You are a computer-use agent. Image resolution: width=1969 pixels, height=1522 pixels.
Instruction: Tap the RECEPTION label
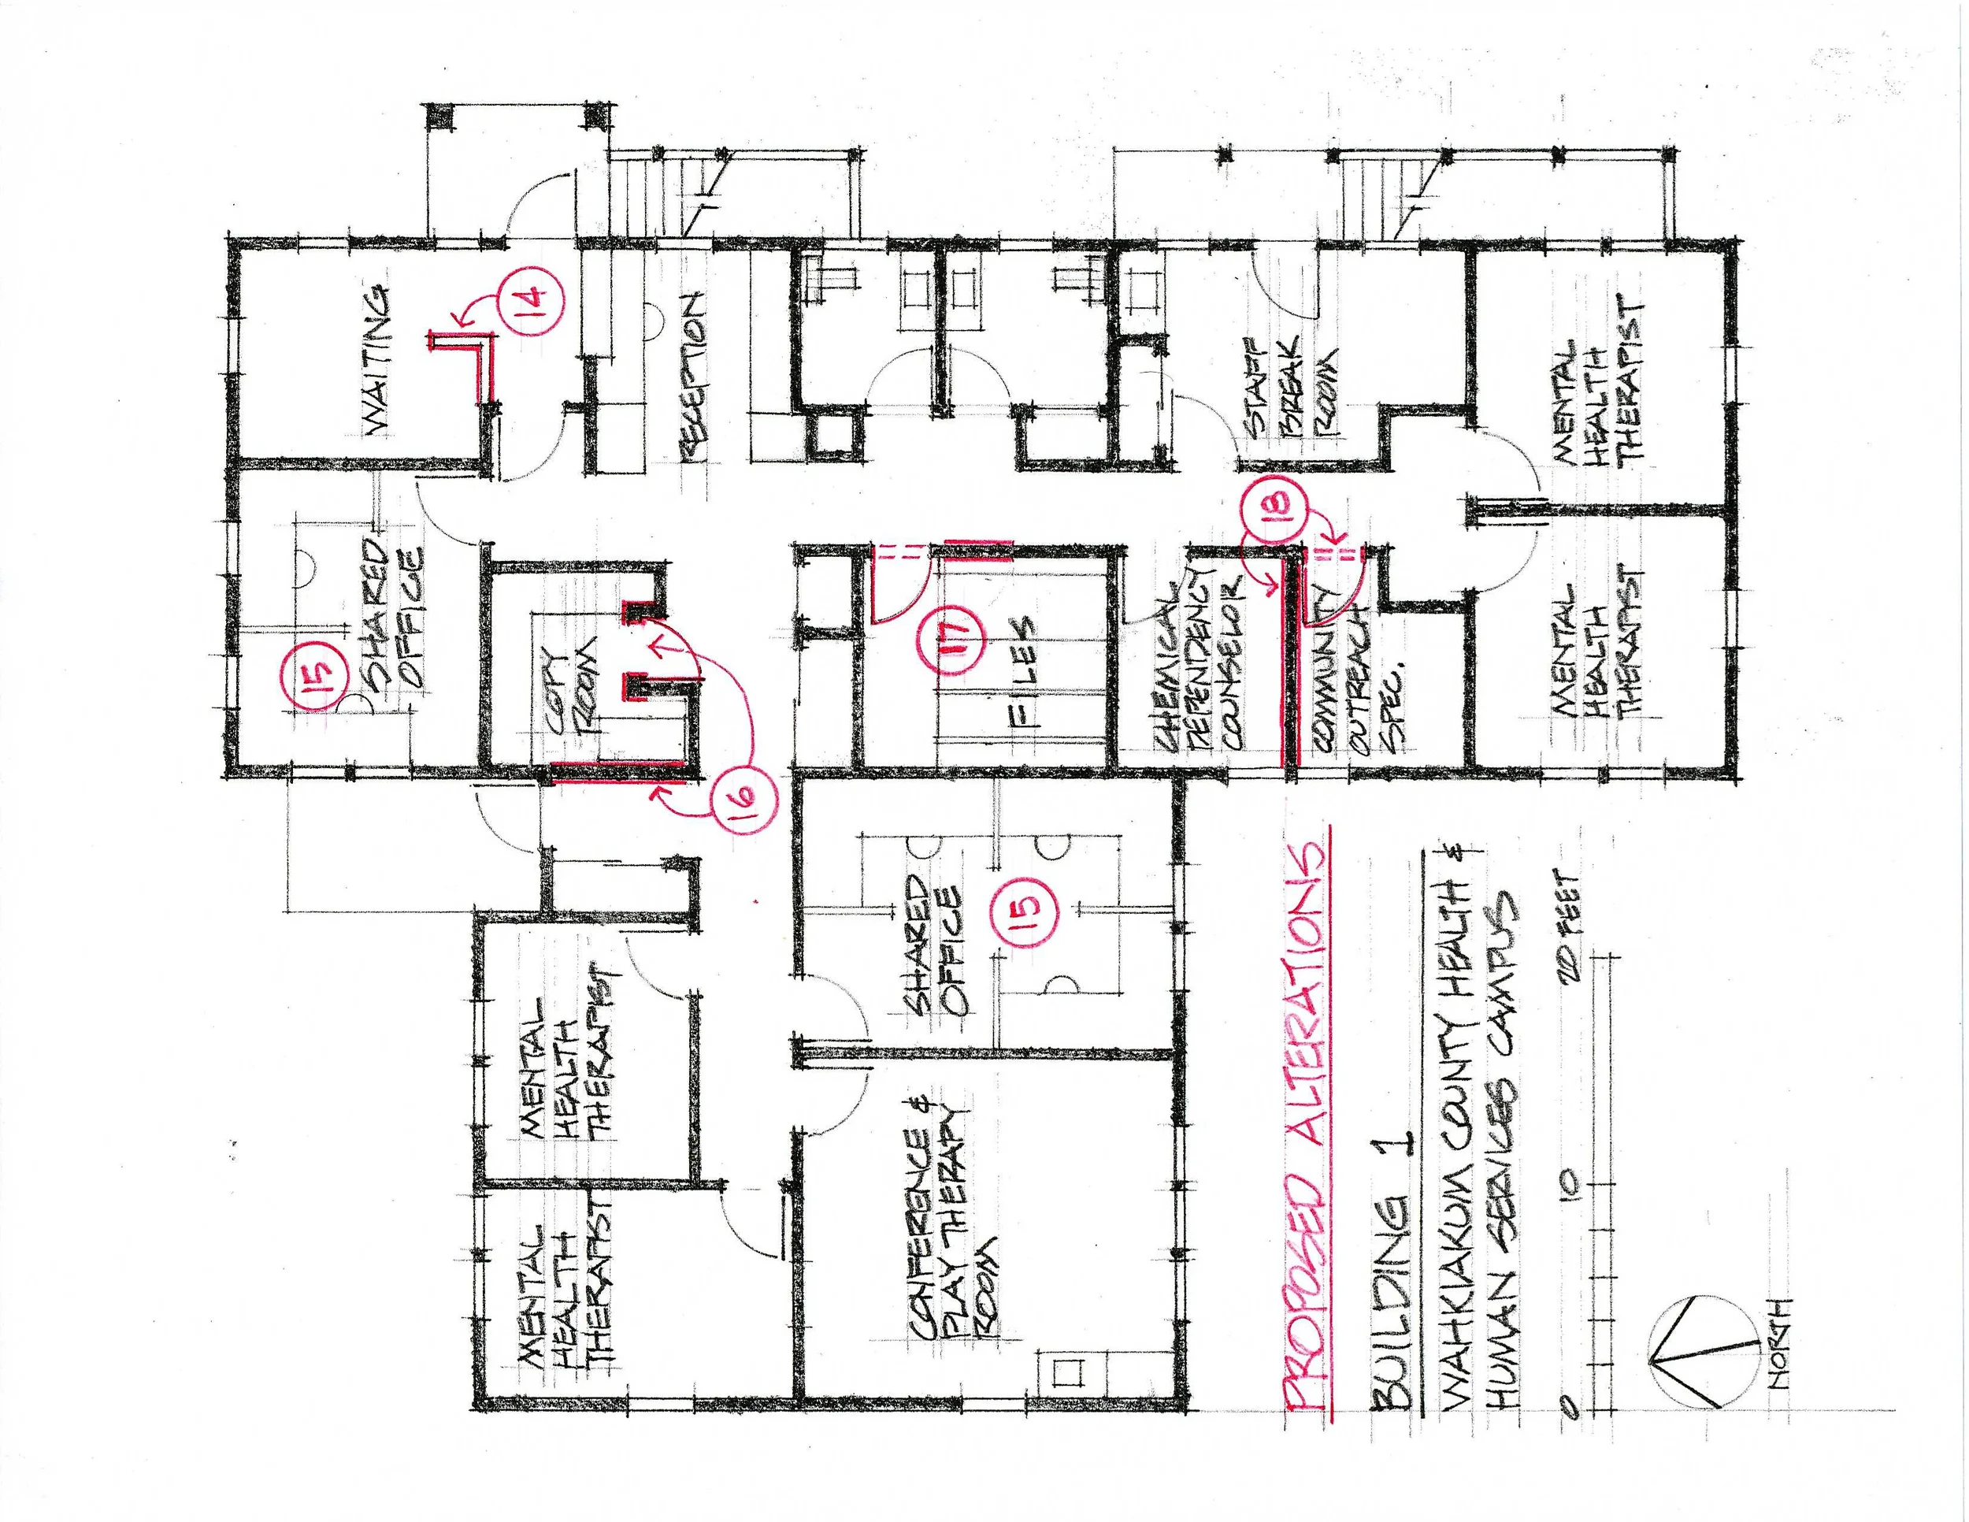pyautogui.click(x=693, y=377)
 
